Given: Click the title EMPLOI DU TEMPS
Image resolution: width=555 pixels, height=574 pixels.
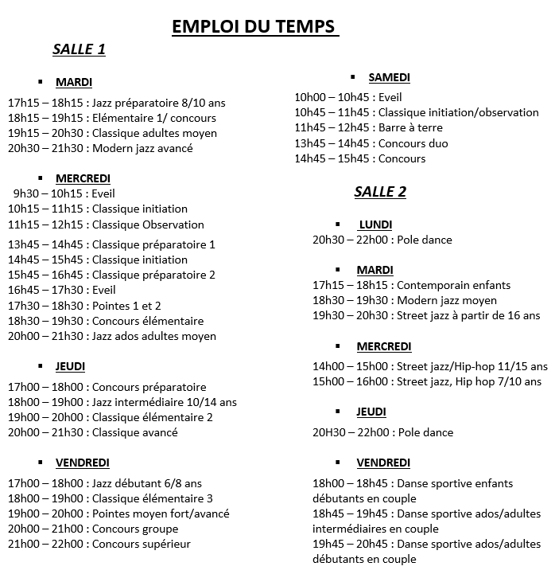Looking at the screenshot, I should tap(254, 27).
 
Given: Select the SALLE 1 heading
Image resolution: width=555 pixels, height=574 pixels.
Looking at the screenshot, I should tap(79, 49).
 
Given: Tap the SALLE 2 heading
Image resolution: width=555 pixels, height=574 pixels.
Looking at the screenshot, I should tap(380, 192).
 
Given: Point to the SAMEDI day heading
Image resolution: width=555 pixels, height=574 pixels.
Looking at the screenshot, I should tap(389, 77).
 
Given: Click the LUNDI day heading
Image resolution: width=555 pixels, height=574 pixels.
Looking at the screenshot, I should tap(375, 225).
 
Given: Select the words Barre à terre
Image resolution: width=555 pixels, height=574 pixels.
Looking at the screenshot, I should tap(410, 127).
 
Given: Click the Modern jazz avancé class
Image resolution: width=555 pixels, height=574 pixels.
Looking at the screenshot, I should tap(142, 148).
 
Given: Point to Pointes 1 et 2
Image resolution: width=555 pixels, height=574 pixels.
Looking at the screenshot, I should tap(126, 306).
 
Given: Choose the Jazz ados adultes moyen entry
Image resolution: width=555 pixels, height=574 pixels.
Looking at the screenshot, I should tap(154, 336).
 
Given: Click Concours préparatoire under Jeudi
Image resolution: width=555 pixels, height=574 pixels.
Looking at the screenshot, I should tap(149, 387).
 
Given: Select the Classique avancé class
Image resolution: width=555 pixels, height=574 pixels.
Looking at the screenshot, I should tap(134, 432).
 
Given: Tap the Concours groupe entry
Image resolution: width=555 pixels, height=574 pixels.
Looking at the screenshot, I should tap(135, 529).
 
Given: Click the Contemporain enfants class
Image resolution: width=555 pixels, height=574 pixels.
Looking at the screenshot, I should tap(453, 285).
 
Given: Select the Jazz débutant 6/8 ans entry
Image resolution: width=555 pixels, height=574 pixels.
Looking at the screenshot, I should tap(147, 483).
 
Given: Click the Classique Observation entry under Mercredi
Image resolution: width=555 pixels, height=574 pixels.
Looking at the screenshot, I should tap(148, 225).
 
